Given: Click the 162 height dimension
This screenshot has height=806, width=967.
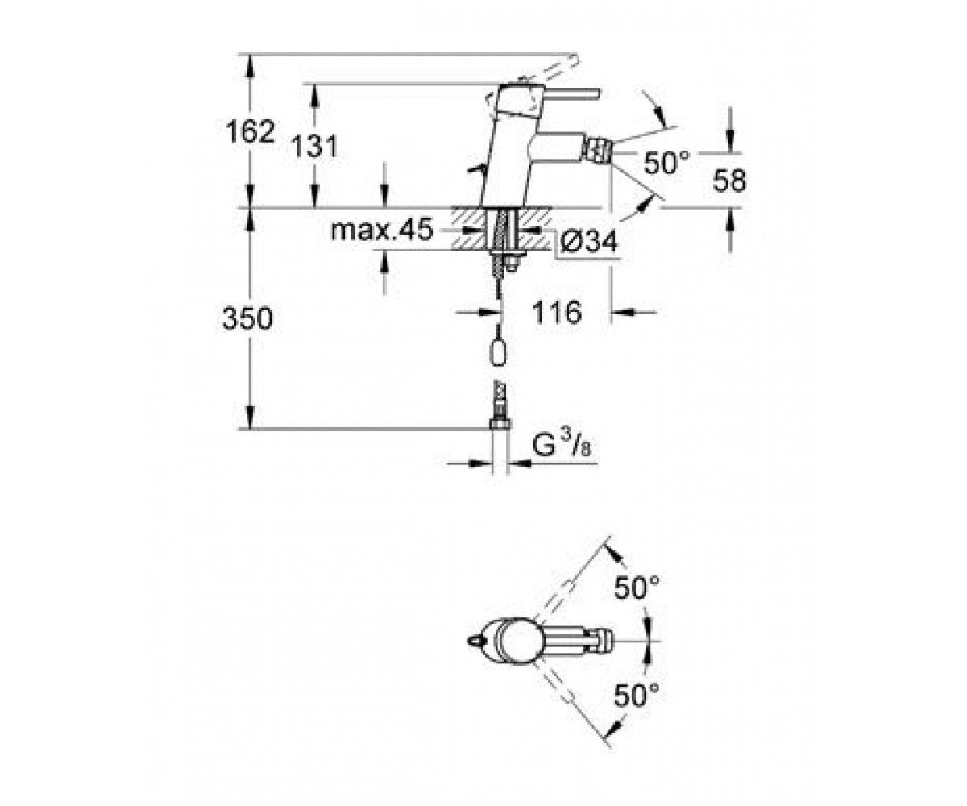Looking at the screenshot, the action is coord(250,131).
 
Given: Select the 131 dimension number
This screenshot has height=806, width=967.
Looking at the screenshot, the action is coord(314,147).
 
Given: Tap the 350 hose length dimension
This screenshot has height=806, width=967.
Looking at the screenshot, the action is coord(247,318).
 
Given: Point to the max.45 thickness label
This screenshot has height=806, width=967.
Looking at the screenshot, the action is coord(382,229).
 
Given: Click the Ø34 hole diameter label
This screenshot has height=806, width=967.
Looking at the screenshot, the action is coord(588,241).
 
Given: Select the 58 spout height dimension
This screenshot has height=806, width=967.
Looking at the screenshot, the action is coord(729,181).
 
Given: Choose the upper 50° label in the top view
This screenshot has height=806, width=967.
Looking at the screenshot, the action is coord(637,588).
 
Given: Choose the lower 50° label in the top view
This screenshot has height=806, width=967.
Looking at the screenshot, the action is coord(637,708).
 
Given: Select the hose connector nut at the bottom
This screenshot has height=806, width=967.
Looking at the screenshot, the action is coord(500,423).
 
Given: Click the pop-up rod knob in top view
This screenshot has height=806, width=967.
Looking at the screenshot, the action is coord(475,641).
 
